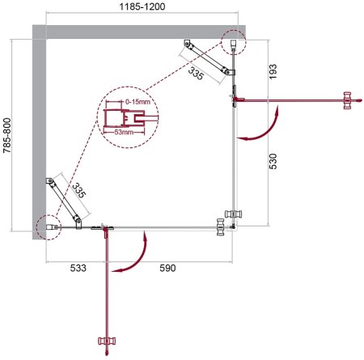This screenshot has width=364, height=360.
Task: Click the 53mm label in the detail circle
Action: (x=123, y=132)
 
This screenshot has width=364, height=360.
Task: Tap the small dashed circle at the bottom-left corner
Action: (x=48, y=226)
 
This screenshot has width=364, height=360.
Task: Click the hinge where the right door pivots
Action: (x=234, y=100)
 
